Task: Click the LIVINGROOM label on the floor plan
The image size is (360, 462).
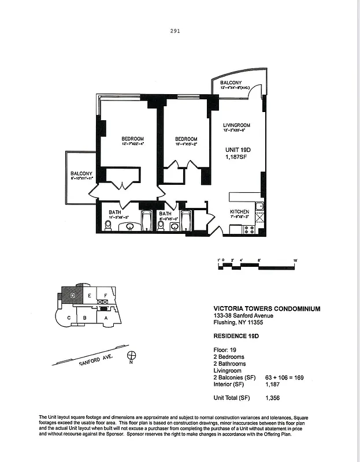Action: (236, 125)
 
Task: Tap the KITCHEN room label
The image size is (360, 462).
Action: (239, 212)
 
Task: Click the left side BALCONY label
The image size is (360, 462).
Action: (81, 173)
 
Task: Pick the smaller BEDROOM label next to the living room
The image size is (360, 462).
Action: (186, 139)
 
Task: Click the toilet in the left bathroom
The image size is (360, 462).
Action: (107, 227)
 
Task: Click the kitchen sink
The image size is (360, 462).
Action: (260, 207)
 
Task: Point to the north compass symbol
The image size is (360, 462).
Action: (132, 356)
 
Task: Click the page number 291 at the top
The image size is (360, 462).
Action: (175, 32)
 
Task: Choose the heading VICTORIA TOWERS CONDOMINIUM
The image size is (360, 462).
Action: (267, 309)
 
